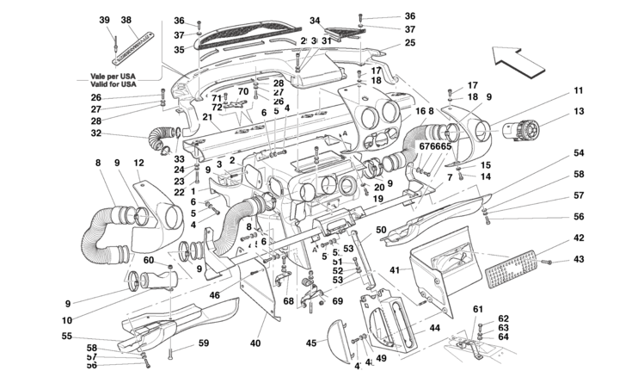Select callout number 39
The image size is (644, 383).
(105, 20)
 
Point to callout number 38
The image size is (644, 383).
(126, 20)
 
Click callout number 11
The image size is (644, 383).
(579, 90)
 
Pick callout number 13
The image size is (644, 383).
(579, 111)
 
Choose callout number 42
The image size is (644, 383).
(579, 238)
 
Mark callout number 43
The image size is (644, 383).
(579, 260)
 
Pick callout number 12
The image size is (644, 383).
(138, 163)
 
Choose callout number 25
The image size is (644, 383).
(410, 43)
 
